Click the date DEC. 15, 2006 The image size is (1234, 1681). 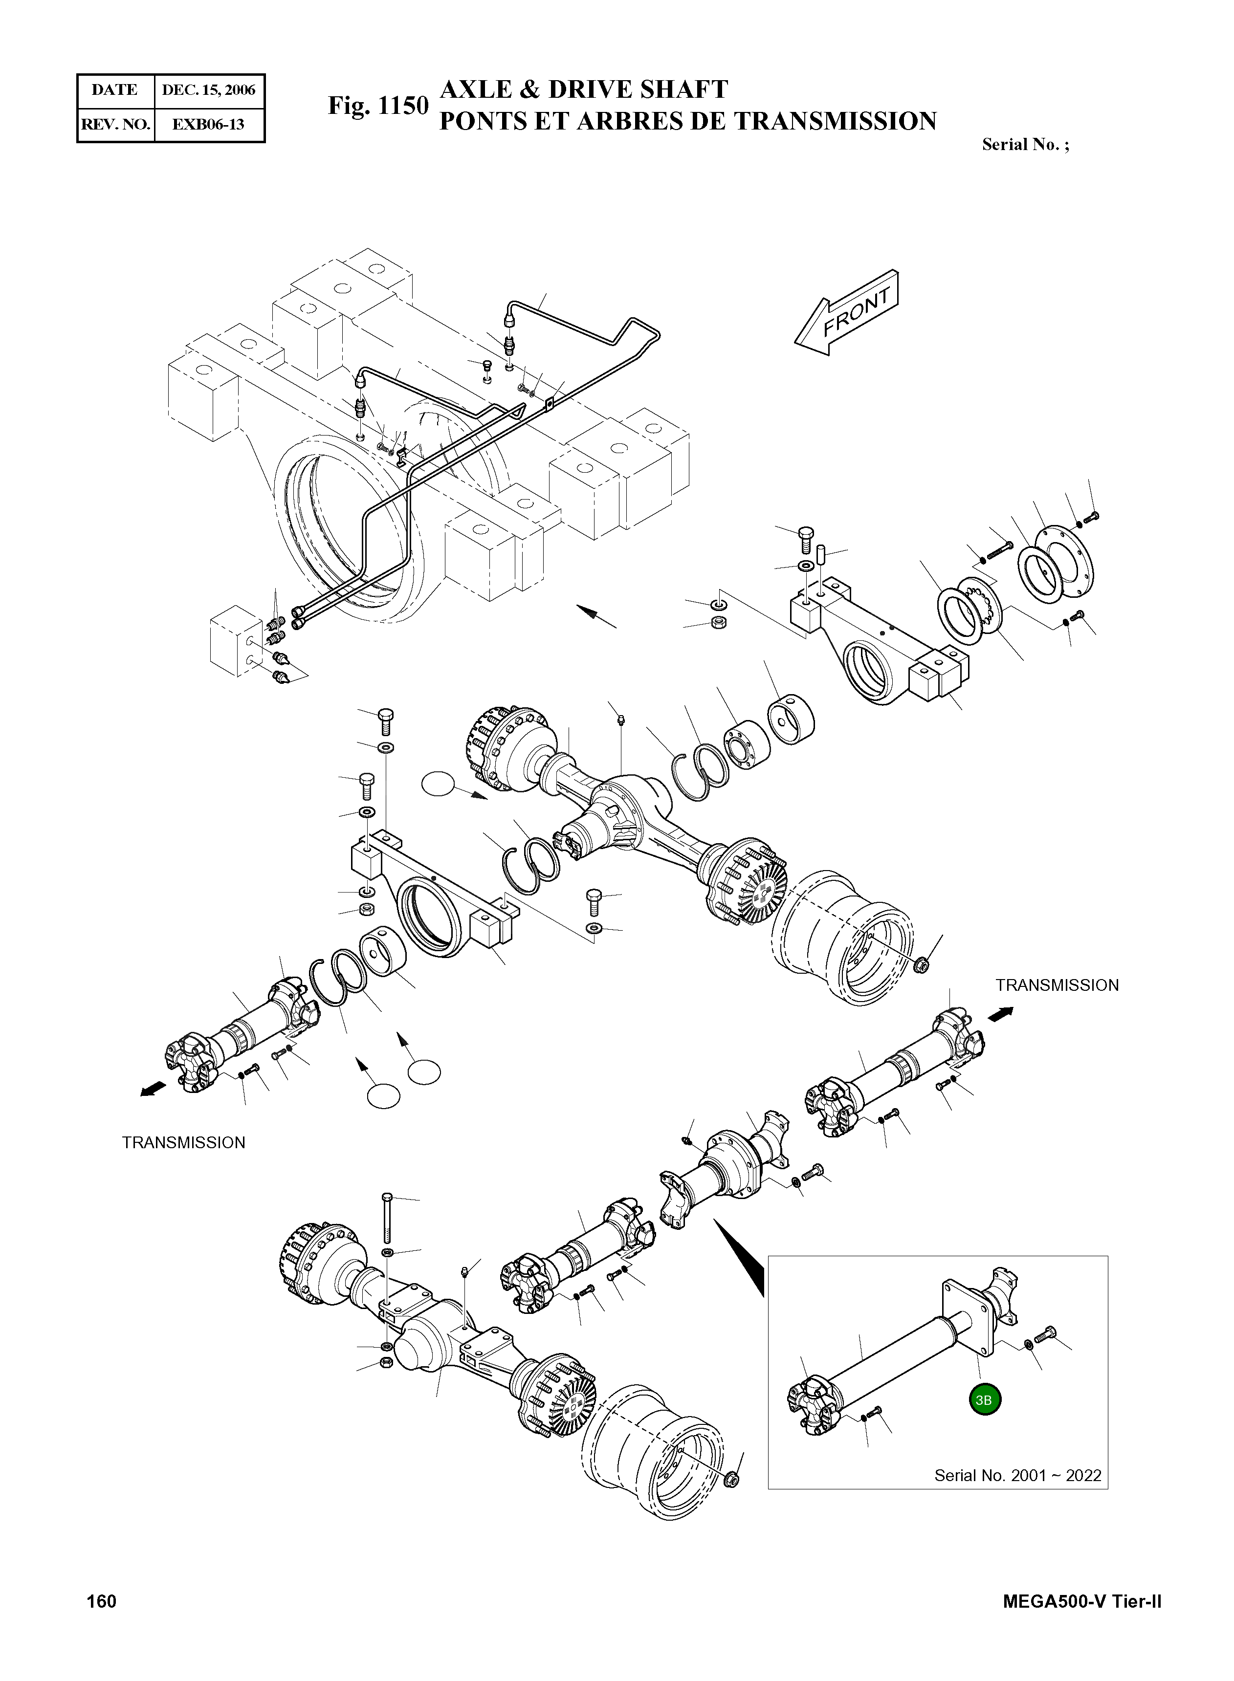[x=208, y=90]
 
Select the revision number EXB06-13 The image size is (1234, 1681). [x=208, y=124]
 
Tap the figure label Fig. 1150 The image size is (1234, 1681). [x=378, y=106]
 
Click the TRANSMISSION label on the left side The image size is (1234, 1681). [x=184, y=1142]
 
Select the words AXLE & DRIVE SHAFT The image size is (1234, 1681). [x=583, y=89]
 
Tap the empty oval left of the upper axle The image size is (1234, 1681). [x=438, y=785]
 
